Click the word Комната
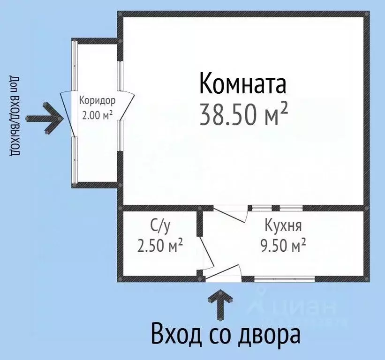click(x=242, y=84)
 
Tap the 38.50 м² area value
click(x=243, y=114)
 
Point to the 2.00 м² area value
click(x=97, y=115)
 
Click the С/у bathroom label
click(x=159, y=226)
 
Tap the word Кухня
click(x=283, y=226)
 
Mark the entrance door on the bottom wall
click(x=223, y=272)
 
